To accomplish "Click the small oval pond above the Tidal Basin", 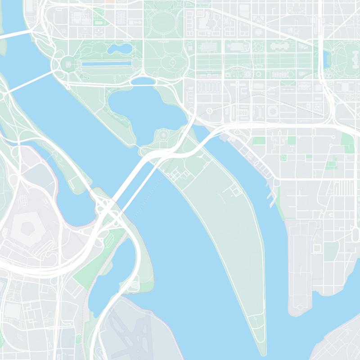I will (x=143, y=81).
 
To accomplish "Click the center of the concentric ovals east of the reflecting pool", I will (x=172, y=62).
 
